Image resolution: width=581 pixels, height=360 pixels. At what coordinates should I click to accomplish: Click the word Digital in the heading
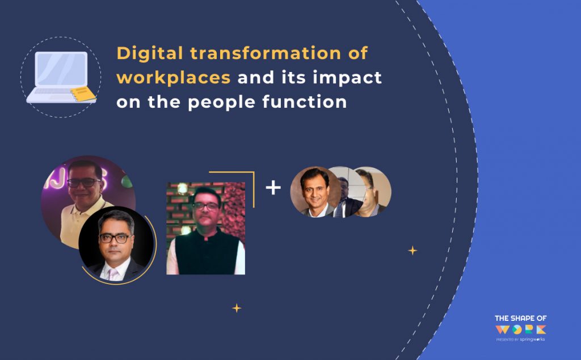[x=149, y=54]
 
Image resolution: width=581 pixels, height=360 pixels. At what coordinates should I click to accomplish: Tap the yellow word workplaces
[x=173, y=78]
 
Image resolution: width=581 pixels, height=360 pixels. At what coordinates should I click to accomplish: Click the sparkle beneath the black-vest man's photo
[x=237, y=308]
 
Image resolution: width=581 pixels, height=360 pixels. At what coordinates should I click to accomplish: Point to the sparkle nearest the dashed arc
[x=412, y=250]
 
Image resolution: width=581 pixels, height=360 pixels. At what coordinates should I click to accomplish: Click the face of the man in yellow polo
[x=83, y=181]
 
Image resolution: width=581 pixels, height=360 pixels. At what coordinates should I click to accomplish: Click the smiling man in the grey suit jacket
[x=314, y=192]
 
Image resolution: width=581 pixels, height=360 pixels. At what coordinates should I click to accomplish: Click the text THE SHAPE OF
[x=520, y=318]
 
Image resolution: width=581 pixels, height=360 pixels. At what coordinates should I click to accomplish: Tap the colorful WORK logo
[x=520, y=329]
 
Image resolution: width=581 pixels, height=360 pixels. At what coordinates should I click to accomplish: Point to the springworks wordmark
[x=532, y=339]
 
